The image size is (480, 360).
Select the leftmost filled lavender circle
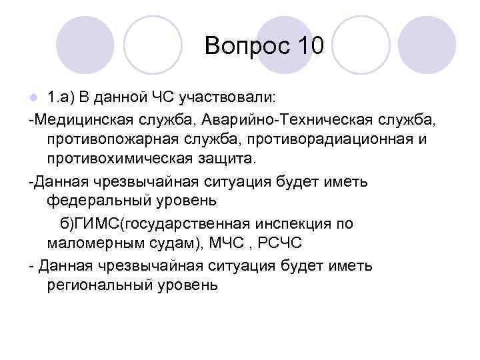coord(85,45)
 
